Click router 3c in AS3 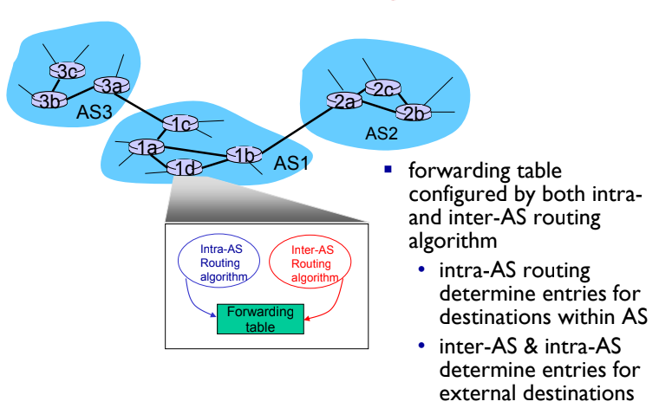click(63, 70)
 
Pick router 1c click(179, 124)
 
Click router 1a click(145, 149)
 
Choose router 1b click(244, 155)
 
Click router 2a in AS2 click(343, 100)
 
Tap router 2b click(413, 113)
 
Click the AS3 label click(94, 113)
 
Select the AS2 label click(382, 133)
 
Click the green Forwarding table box click(259, 319)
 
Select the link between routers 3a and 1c click(143, 104)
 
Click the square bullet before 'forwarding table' click(389, 168)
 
